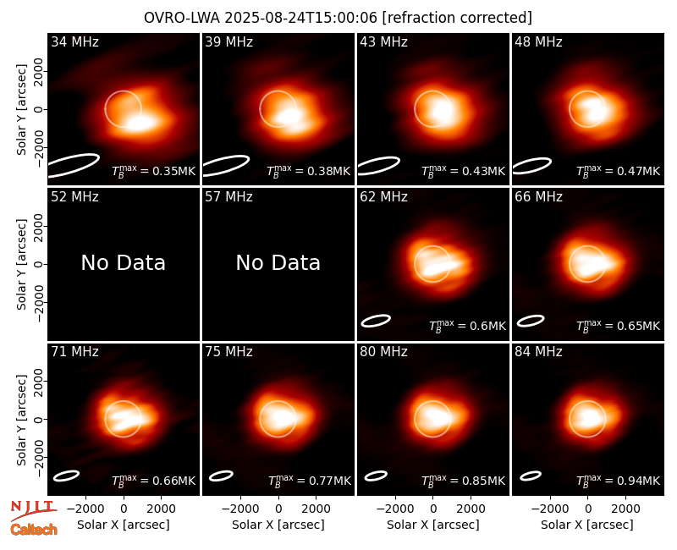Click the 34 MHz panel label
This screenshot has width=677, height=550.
pos(74,41)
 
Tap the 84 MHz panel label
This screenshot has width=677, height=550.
pos(538,352)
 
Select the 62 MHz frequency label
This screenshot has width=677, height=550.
pos(383,197)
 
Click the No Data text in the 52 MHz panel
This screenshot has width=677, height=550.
pos(123,262)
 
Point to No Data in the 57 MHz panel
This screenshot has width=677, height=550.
pos(278,262)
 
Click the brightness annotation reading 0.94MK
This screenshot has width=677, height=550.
pos(619,480)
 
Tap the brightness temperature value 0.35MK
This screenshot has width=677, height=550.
pos(154,171)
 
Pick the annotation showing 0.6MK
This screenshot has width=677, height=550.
pos(467,326)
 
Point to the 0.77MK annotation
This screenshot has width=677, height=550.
pos(310,480)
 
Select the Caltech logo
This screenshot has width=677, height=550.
pos(34,530)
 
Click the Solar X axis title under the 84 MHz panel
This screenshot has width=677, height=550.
pos(587,525)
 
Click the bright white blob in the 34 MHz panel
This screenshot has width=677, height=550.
pos(139,124)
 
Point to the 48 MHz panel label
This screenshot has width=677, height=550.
pos(538,41)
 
